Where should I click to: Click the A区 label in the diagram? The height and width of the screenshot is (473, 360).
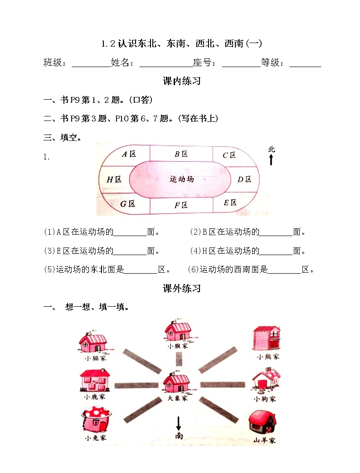pos(129,154)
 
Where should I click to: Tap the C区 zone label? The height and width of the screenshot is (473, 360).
pos(229,155)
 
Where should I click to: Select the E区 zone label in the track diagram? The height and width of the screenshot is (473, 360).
pos(230,203)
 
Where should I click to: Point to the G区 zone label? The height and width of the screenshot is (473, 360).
pos(127,203)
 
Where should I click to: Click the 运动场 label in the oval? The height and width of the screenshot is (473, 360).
pos(182,179)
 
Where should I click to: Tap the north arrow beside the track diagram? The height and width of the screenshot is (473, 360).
pos(271,159)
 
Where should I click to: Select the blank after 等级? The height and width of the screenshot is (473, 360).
pos(305,63)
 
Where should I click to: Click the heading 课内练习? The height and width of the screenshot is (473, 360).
pos(181,82)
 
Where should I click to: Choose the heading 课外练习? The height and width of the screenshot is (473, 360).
pos(181,288)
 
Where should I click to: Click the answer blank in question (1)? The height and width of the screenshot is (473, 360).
pos(130,232)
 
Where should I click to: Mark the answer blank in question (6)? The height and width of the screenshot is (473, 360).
pos(284,270)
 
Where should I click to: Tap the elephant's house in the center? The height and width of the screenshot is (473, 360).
pos(176,383)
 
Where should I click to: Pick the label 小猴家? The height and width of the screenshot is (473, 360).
pos(176,346)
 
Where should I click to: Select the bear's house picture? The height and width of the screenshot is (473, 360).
pos(267,338)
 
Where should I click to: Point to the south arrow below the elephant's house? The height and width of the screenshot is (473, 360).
pos(179,424)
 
